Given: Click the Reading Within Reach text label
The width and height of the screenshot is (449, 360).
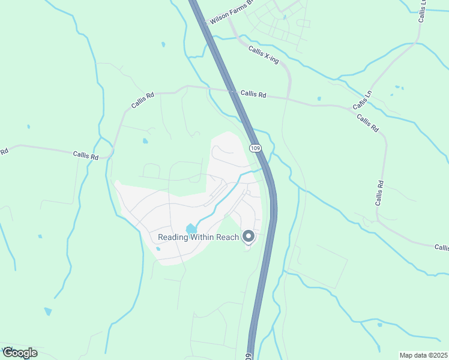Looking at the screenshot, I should tap(198, 237).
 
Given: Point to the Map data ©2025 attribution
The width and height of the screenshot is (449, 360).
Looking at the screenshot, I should tap(423, 355).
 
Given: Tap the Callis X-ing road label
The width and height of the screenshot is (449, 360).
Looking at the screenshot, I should tap(264, 58).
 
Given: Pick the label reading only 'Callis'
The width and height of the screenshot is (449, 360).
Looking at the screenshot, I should tap(442, 247).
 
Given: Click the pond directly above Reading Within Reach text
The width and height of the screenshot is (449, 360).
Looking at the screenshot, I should tap(191, 228).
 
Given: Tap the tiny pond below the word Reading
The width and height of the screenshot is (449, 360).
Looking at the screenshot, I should tap(158, 248).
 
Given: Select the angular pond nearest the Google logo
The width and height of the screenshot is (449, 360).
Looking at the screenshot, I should tap(48, 311).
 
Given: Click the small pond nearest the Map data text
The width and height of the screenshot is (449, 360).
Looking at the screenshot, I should tap(379, 325).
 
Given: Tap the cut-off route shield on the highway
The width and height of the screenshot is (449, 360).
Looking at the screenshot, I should tap(249, 356).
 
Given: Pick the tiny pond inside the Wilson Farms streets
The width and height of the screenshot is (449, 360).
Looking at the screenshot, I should tap(285, 17).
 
